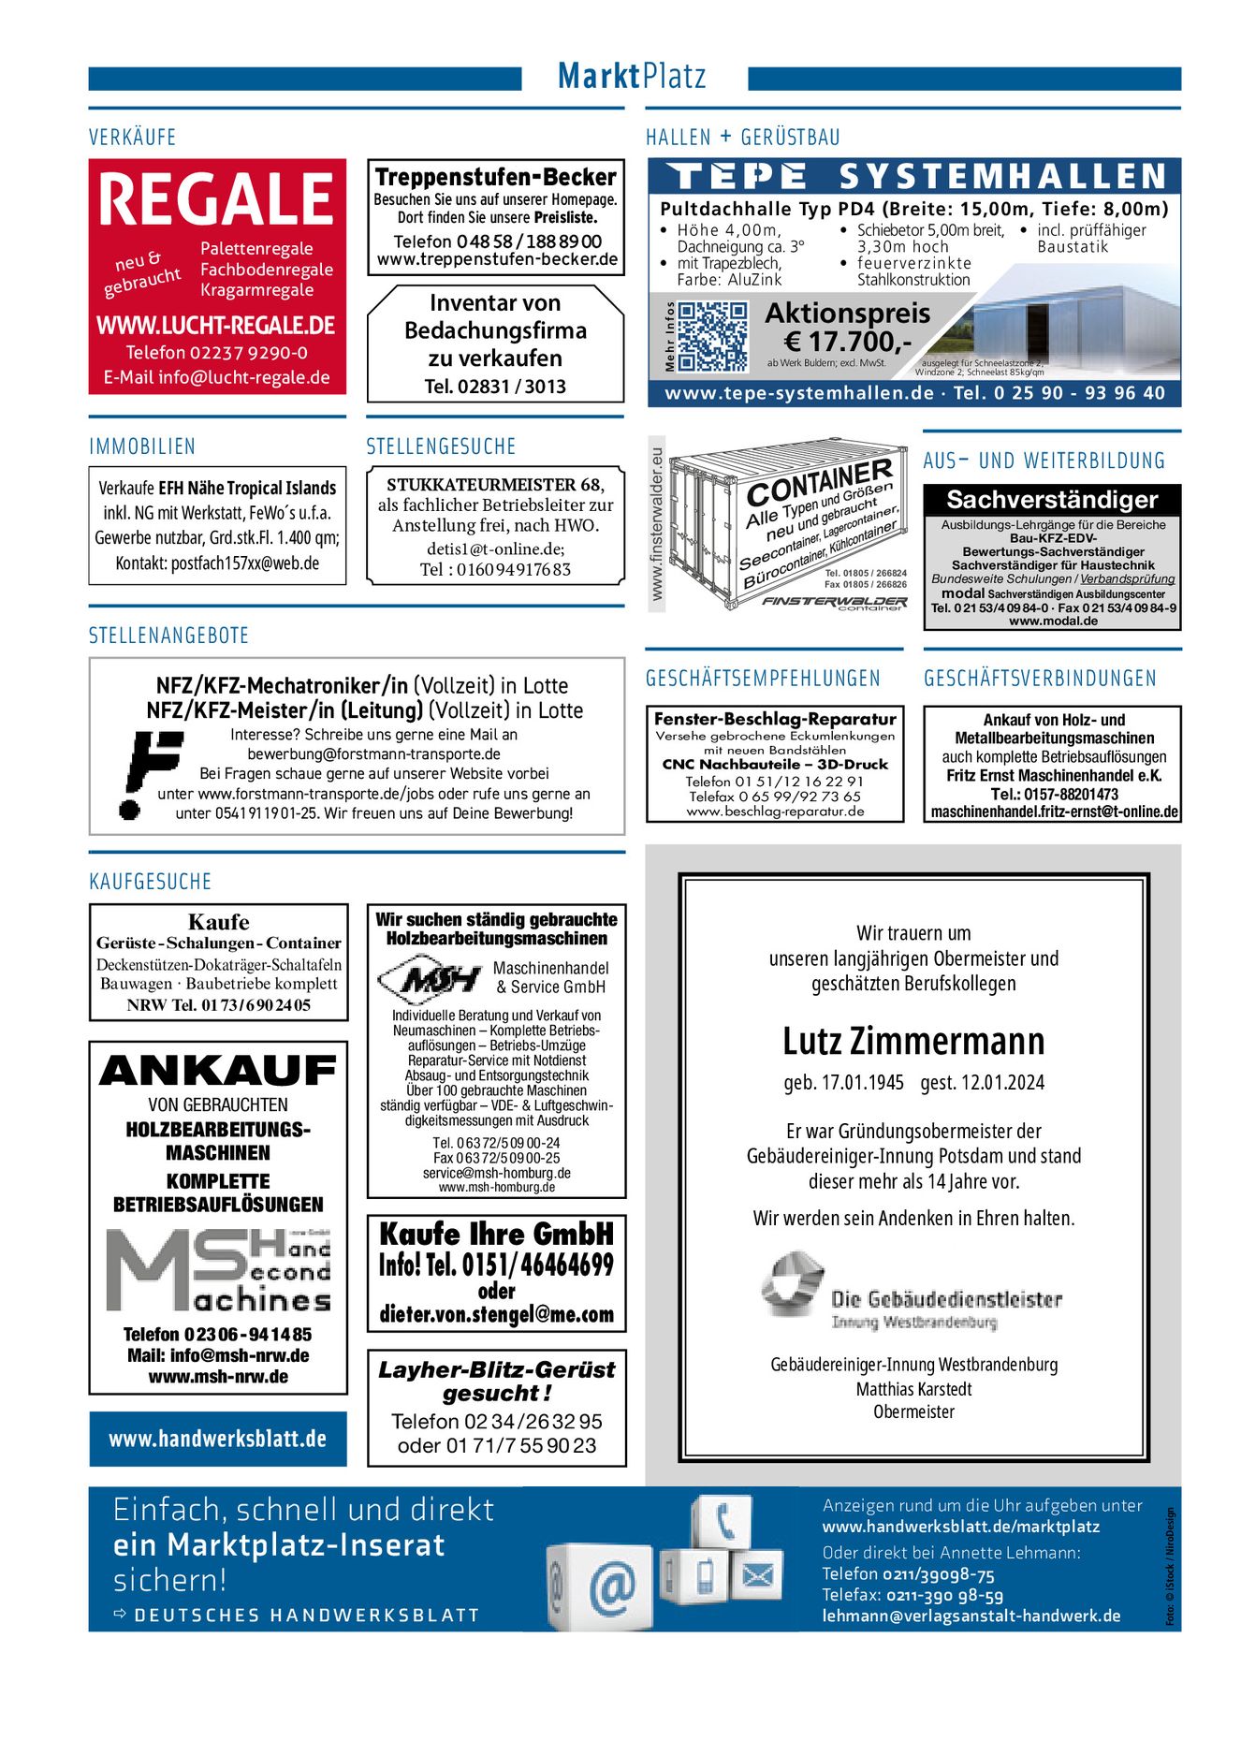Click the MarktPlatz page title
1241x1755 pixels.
(632, 77)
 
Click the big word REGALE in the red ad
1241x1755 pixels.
(216, 198)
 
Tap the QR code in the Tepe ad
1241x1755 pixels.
(712, 336)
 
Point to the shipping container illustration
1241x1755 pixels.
(788, 526)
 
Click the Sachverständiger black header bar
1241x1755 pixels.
(1052, 500)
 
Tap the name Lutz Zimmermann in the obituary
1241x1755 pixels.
(913, 1041)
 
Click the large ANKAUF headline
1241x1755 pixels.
(218, 1071)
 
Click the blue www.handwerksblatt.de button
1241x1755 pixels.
(218, 1439)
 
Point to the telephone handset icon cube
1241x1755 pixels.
(723, 1521)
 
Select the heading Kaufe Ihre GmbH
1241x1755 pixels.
(496, 1235)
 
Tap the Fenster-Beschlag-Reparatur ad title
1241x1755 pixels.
(775, 719)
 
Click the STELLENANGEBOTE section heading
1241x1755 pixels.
(169, 636)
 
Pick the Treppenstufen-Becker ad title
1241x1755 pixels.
(496, 177)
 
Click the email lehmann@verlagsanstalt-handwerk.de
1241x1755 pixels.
(971, 1616)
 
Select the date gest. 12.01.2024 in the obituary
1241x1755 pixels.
(983, 1083)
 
